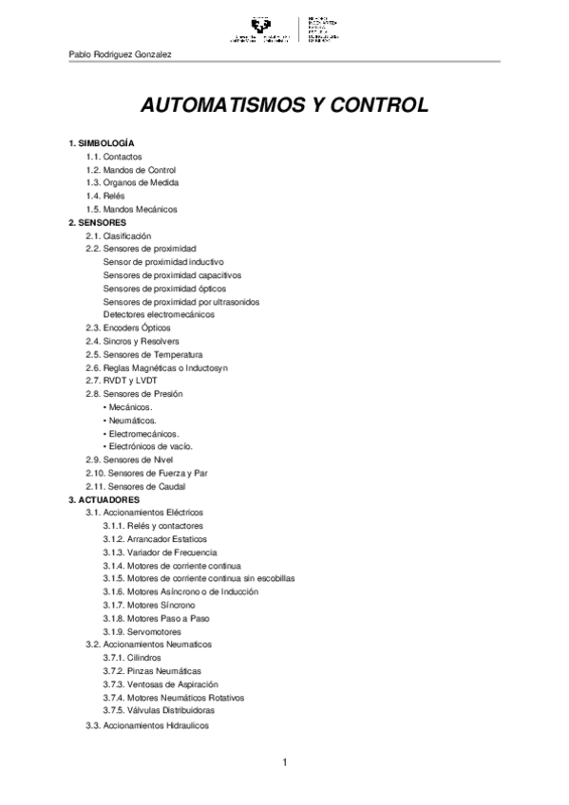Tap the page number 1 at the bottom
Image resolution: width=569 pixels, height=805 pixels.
284,763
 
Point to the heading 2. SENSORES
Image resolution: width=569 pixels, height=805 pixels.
97,221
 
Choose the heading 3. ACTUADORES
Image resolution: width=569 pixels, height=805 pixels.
104,498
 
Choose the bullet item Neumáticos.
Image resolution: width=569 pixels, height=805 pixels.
132,420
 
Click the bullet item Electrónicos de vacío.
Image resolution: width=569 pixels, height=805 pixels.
150,446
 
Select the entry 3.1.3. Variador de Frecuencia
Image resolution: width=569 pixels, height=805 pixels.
160,552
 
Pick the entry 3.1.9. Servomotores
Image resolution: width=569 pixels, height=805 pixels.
142,631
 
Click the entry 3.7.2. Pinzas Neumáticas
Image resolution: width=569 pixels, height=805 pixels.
152,670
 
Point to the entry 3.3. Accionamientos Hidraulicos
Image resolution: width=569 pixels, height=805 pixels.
146,725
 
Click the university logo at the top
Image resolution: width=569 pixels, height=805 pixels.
284,29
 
